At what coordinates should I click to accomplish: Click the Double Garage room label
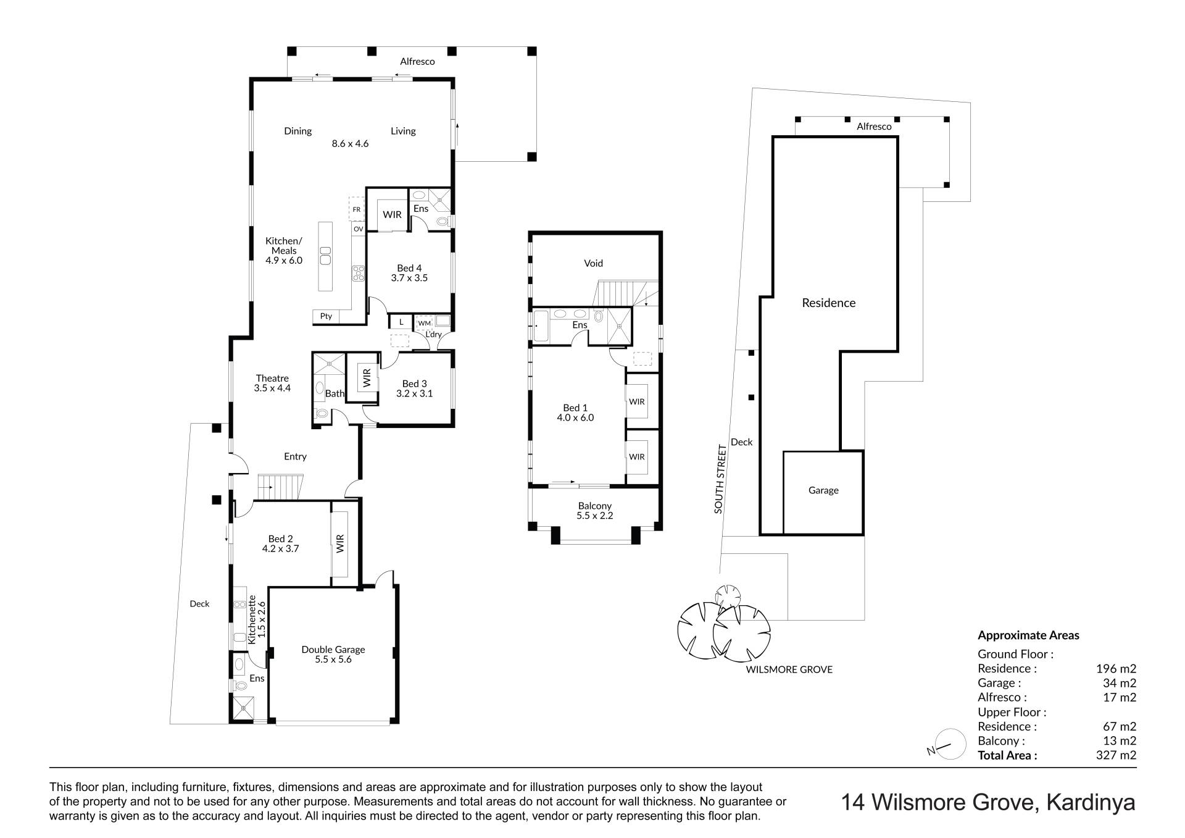tap(333, 650)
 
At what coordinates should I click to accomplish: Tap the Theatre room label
tap(272, 378)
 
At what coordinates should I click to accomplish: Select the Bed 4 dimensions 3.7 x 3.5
tap(409, 278)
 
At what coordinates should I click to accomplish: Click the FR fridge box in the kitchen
tap(357, 209)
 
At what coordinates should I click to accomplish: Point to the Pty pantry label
tap(326, 316)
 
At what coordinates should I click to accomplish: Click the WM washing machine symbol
tap(424, 323)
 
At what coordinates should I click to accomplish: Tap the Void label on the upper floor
tap(593, 263)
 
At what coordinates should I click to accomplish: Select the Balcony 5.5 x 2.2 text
tap(595, 511)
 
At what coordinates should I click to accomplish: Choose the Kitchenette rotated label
tap(252, 619)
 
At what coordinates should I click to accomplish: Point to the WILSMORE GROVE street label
tap(789, 669)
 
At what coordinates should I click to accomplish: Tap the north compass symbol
tap(949, 744)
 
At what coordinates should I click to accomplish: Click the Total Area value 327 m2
tap(1120, 755)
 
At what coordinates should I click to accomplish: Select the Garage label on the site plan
tap(823, 490)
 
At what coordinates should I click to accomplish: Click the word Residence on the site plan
tap(829, 303)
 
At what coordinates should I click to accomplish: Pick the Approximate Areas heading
tap(1028, 635)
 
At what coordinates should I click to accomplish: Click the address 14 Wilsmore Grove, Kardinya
tap(989, 803)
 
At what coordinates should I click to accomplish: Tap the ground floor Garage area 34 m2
tap(1120, 683)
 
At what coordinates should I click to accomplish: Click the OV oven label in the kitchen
tap(359, 229)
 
